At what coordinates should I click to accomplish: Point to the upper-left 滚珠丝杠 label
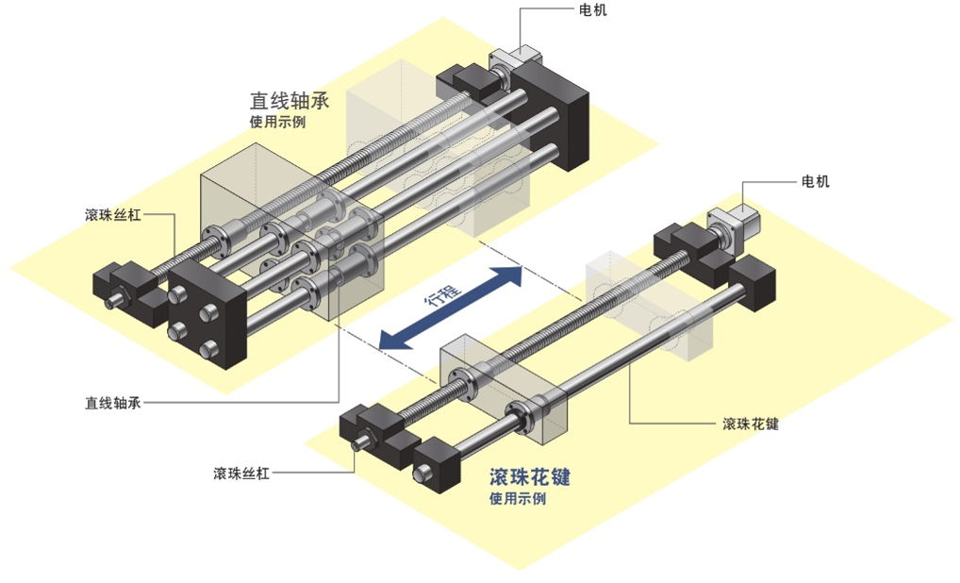tap(112, 215)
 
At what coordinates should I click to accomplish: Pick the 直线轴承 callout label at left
tap(112, 403)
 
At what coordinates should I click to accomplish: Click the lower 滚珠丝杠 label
tap(241, 474)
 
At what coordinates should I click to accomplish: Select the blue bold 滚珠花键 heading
tap(530, 478)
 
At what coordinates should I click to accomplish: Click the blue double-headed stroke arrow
tap(450, 308)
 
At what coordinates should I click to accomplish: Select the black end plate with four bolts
tap(202, 317)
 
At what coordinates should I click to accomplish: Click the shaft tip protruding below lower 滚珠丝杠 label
tap(359, 444)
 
